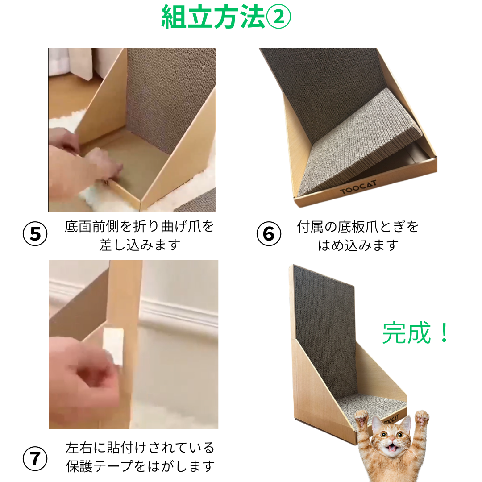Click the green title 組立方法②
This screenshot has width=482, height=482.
click(x=226, y=17)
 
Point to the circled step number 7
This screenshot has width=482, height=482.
click(x=35, y=458)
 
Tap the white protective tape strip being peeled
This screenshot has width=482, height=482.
click(x=113, y=347)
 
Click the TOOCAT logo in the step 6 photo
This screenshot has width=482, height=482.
click(x=358, y=187)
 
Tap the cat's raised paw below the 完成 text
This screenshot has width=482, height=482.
click(x=422, y=419)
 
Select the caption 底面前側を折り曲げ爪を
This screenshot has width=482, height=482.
click(x=139, y=227)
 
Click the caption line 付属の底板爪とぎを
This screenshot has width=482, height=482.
click(x=357, y=227)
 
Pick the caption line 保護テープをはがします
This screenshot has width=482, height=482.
click(x=140, y=466)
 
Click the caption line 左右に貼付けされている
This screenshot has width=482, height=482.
click(x=140, y=448)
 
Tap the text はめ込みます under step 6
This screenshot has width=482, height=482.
click(x=358, y=245)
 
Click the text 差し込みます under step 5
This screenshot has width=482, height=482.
click(x=140, y=245)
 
